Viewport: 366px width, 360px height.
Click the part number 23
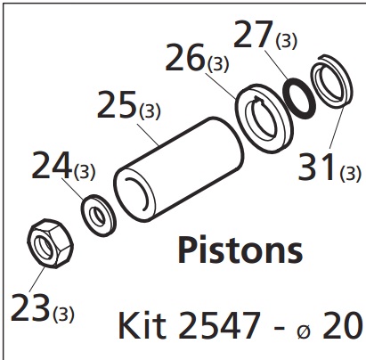coord(29,307)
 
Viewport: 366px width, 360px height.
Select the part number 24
coord(52,165)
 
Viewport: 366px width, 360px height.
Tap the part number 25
coord(117,104)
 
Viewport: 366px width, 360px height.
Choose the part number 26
coord(185,57)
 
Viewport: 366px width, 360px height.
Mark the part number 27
coord(253,34)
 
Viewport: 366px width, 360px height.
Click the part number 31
coord(317,167)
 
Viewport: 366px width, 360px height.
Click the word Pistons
coord(240,250)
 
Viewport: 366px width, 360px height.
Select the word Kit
coord(142,325)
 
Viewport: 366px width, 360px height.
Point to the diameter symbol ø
coord(304,331)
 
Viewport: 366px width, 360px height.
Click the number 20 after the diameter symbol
coord(342,325)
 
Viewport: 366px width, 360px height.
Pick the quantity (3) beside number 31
coord(351,173)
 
